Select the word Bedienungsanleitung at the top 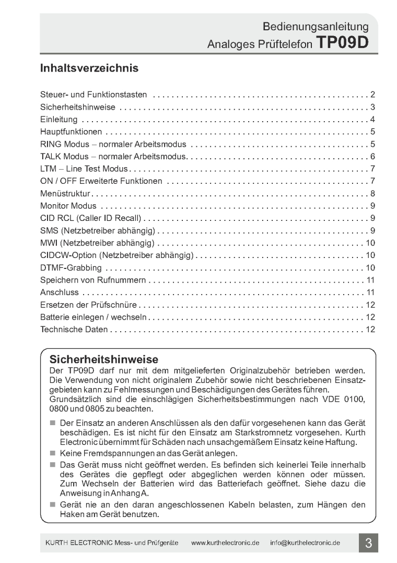point(316,26)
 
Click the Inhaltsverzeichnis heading point(89,68)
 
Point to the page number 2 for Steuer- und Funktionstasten point(373,94)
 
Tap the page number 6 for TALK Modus point(373,156)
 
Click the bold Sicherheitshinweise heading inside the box point(103,360)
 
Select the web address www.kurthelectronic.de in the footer point(226,543)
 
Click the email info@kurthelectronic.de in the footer point(305,543)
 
